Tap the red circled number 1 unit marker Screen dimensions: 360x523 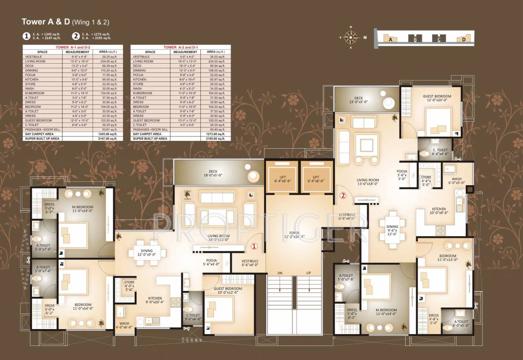tap(254, 246)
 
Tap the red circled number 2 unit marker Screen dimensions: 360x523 tap(343, 196)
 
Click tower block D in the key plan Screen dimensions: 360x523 tap(463, 39)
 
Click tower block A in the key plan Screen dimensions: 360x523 tap(390, 39)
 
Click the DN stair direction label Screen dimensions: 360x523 tap(280, 272)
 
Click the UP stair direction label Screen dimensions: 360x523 tap(308, 272)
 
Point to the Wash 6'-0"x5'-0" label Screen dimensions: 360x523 tap(456, 181)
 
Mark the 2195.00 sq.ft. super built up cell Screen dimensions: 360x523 tap(217, 139)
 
